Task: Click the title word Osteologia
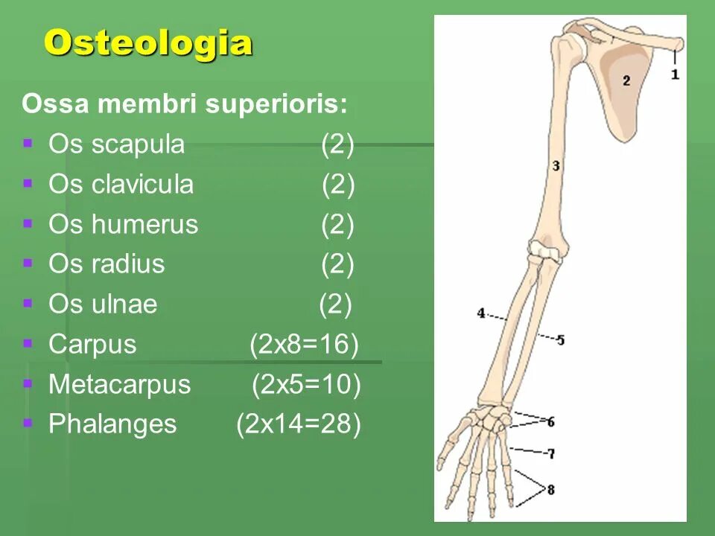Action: [x=147, y=43]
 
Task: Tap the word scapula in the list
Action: [x=138, y=144]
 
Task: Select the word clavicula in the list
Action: [x=142, y=185]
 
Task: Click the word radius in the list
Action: [x=128, y=264]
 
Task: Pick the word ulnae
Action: [x=124, y=304]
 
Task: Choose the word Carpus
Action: [x=92, y=344]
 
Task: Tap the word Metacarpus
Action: [x=119, y=385]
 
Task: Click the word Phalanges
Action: [x=112, y=424]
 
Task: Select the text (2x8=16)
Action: [x=304, y=344]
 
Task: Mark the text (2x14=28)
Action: [x=299, y=424]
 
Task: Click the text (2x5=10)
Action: [x=306, y=385]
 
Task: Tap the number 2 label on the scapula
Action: [x=626, y=80]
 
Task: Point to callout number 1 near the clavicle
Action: [x=675, y=74]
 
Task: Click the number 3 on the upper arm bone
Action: [x=556, y=166]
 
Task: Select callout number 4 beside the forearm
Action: [x=481, y=313]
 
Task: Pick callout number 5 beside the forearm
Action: [x=560, y=340]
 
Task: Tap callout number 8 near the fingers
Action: [x=551, y=490]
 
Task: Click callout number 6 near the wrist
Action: [x=550, y=422]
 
